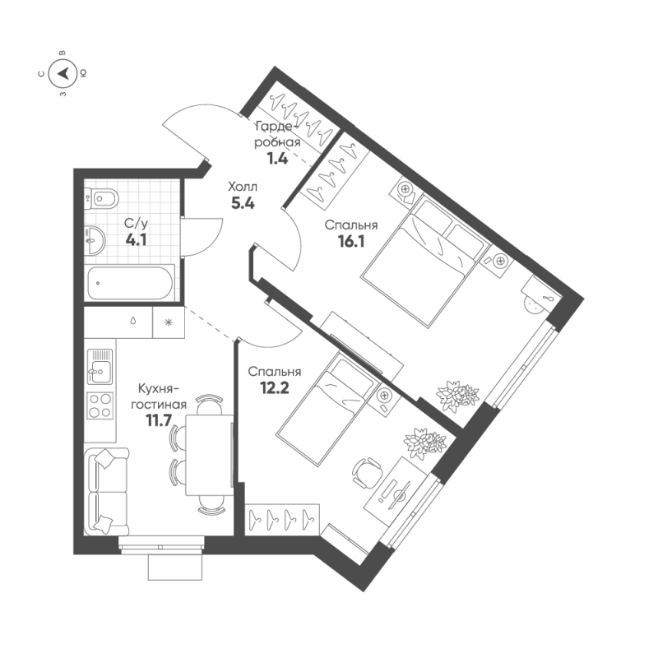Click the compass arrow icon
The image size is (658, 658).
click(x=63, y=74)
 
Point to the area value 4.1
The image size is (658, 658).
click(x=136, y=240)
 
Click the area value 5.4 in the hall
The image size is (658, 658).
click(x=241, y=204)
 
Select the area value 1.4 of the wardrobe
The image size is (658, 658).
click(x=277, y=159)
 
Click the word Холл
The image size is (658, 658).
click(x=242, y=186)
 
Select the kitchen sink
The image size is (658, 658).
click(x=100, y=367)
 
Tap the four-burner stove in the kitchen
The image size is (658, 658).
click(x=101, y=406)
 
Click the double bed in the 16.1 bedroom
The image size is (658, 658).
click(x=421, y=258)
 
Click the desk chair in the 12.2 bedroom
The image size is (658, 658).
click(x=368, y=470)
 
